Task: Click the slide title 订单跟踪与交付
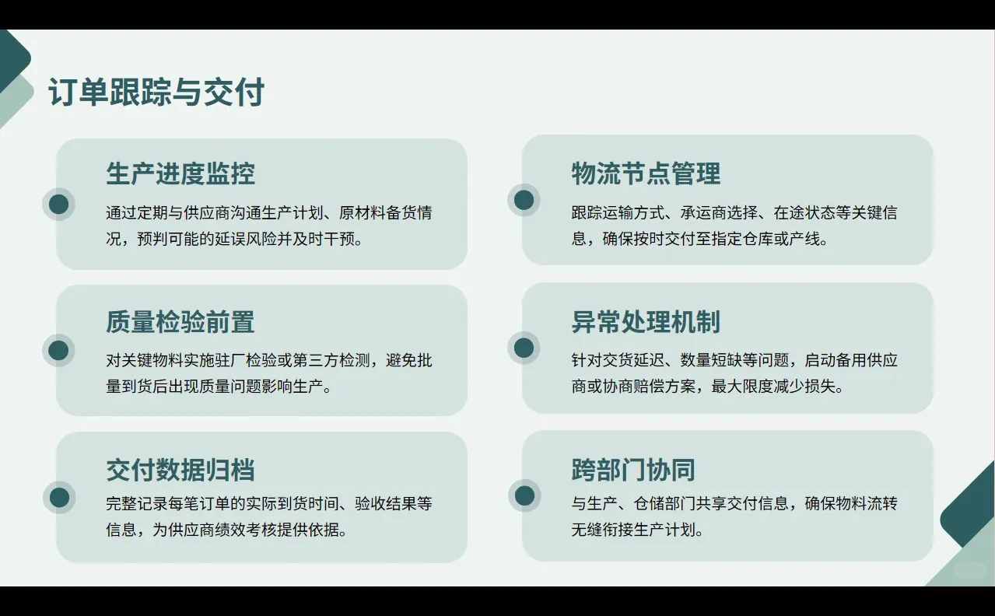156,93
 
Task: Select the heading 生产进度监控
180,173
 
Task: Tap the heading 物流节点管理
646,173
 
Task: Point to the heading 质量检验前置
180,322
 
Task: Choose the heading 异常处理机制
646,322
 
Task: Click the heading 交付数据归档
180,470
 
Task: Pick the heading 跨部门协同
633,470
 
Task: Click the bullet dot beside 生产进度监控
58,205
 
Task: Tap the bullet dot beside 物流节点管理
524,200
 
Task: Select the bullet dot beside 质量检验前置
58,351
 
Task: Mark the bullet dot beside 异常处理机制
524,348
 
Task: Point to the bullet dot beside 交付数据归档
58,498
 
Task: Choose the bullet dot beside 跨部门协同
524,495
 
